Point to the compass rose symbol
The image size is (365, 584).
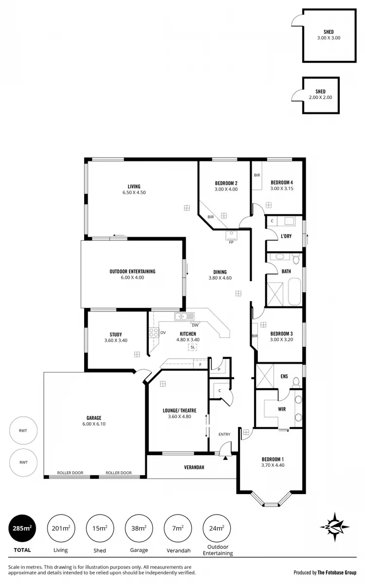click(x=335, y=527)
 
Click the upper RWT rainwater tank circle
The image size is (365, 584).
click(x=23, y=430)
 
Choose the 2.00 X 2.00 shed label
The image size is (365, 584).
click(x=320, y=94)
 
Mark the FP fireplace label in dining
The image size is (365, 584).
click(x=231, y=242)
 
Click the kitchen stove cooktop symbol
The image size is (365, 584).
click(x=154, y=333)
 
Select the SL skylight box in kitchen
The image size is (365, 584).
click(x=193, y=347)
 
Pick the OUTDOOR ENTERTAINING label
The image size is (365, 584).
click(x=132, y=274)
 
